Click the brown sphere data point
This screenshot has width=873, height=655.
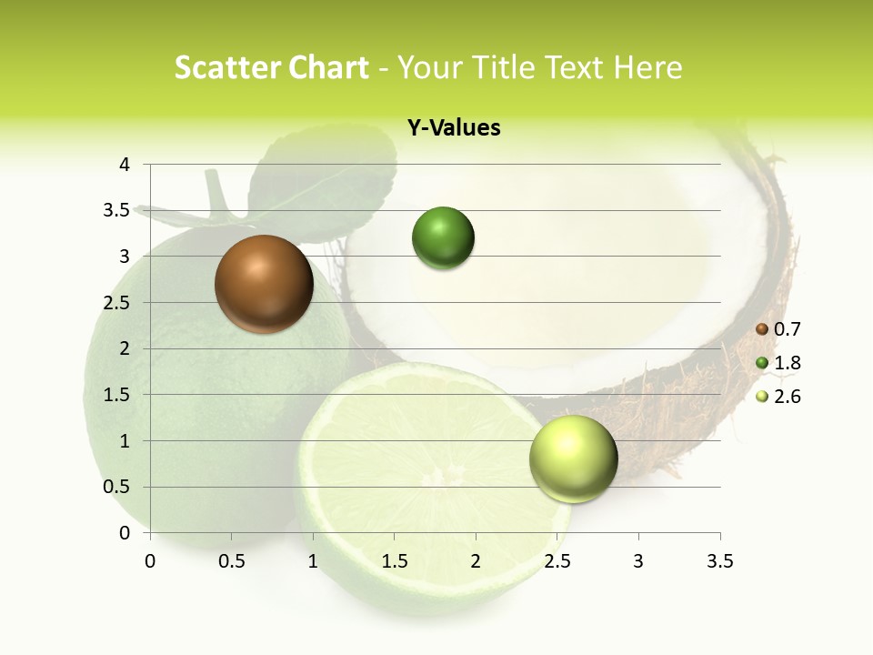pyautogui.click(x=264, y=284)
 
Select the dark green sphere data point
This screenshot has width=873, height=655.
pyautogui.click(x=443, y=238)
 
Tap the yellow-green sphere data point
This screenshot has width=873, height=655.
pyautogui.click(x=573, y=458)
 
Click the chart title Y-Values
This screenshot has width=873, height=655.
pyautogui.click(x=453, y=128)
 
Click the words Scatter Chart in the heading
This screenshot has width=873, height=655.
pyautogui.click(x=271, y=67)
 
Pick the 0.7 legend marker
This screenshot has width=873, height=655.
pyautogui.click(x=762, y=329)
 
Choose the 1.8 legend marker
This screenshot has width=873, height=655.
pyautogui.click(x=762, y=363)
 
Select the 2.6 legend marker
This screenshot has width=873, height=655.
pyautogui.click(x=762, y=397)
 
